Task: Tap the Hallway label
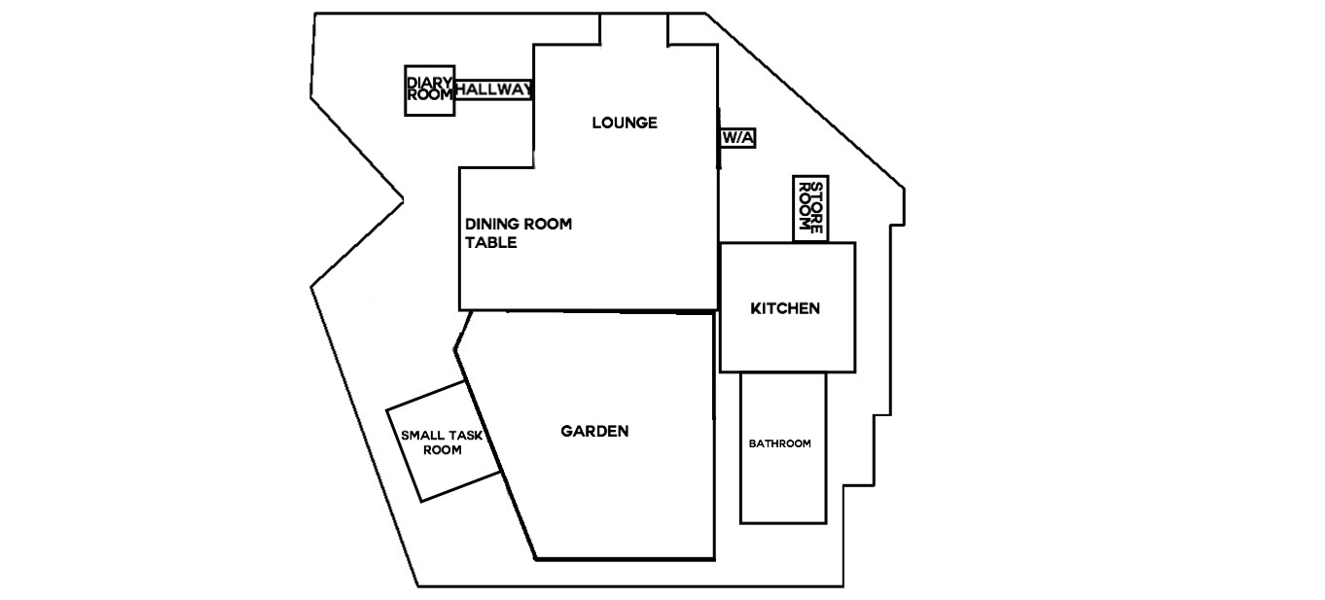click(494, 89)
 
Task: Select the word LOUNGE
click(625, 123)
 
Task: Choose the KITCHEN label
click(785, 308)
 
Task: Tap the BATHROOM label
click(779, 443)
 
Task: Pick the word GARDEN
click(594, 432)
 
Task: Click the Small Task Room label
click(442, 442)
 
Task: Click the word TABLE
click(491, 242)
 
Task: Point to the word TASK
click(466, 436)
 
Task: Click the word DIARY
click(430, 84)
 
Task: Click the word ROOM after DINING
click(545, 224)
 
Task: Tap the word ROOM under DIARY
click(430, 94)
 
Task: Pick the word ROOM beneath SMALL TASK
click(443, 450)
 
